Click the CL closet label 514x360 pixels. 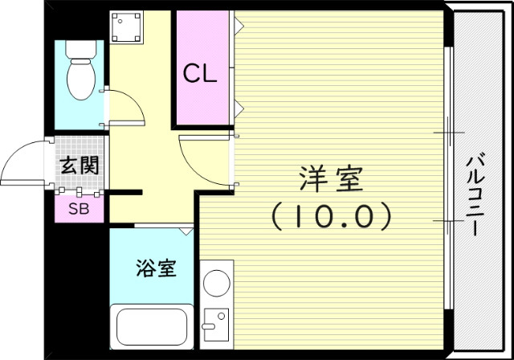click(x=200, y=74)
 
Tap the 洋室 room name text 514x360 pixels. click(x=332, y=178)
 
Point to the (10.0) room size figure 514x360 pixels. click(x=331, y=215)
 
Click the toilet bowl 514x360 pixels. click(x=80, y=80)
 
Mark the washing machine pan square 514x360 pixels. click(x=126, y=29)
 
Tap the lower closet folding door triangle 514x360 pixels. click(x=239, y=106)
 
